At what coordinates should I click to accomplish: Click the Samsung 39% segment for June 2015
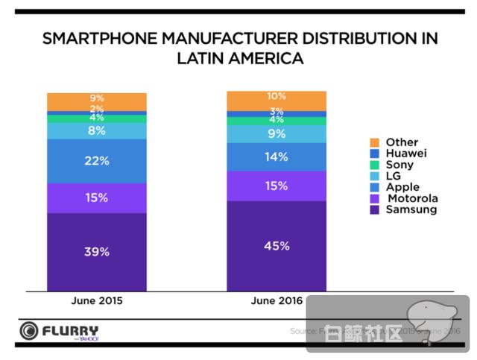97,251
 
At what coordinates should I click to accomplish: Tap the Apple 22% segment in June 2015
97,161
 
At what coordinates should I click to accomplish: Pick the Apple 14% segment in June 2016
277,157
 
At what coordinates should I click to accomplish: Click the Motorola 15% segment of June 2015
97,198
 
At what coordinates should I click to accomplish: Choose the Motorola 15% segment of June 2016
277,186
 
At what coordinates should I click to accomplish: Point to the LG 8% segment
97,130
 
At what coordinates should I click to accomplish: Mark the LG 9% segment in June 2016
277,134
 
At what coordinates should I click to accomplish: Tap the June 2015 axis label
97,301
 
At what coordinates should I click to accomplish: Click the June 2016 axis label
277,301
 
